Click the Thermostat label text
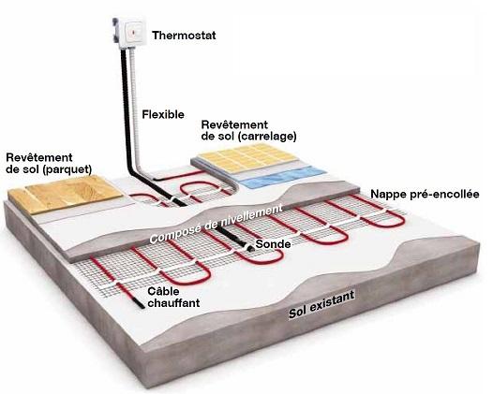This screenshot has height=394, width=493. (x=184, y=36)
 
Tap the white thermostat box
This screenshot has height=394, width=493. (x=131, y=32)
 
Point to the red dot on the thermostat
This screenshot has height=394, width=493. (x=132, y=32)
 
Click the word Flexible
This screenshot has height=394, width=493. (x=163, y=114)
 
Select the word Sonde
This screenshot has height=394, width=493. (x=273, y=244)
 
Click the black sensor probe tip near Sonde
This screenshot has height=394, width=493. (x=250, y=249)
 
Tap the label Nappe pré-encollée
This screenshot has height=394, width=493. (x=426, y=195)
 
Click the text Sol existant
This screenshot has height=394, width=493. (x=321, y=304)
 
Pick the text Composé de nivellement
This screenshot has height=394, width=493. (x=216, y=224)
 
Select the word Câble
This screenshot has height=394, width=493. (x=163, y=291)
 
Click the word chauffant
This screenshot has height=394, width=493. (x=173, y=303)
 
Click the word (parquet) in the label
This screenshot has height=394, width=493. (x=67, y=169)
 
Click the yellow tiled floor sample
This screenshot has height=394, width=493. (x=248, y=157)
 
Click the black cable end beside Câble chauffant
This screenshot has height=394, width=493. (x=140, y=303)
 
